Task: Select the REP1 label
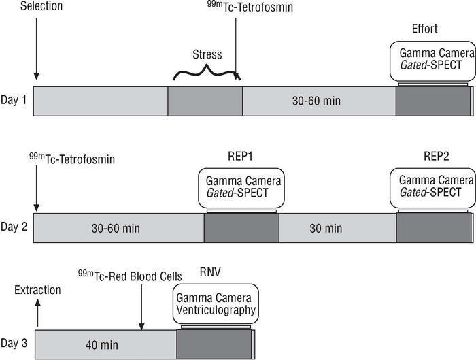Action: coord(240,156)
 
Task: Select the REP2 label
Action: coord(432,156)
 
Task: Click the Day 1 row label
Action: coord(14,101)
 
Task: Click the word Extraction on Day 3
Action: coord(38,290)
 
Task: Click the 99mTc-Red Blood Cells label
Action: coord(129,276)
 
